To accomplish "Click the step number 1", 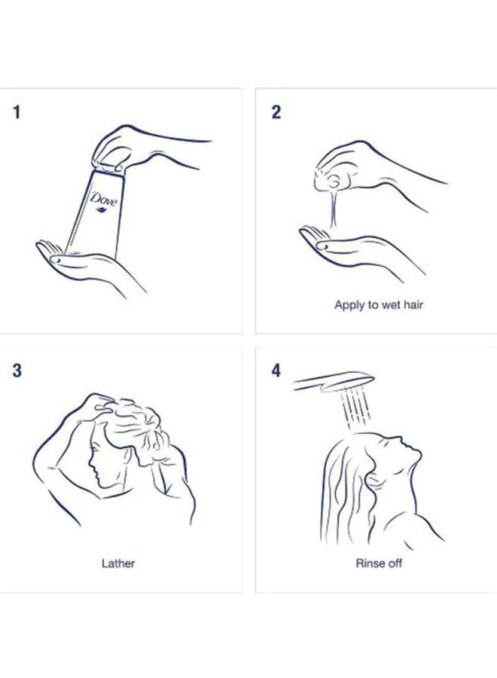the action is point(17,112).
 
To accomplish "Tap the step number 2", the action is point(276,112).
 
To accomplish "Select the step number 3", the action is point(17,371).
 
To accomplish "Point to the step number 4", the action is point(276,371).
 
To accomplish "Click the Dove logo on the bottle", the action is point(103,202).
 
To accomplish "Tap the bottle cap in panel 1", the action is point(108,167).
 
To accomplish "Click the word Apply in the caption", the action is point(349,305).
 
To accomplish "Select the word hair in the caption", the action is point(413,304).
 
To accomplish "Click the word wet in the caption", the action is point(390,305).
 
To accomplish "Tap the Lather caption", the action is point(118,563).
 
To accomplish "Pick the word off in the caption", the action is point(394,563).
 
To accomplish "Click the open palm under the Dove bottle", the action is point(87,264).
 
